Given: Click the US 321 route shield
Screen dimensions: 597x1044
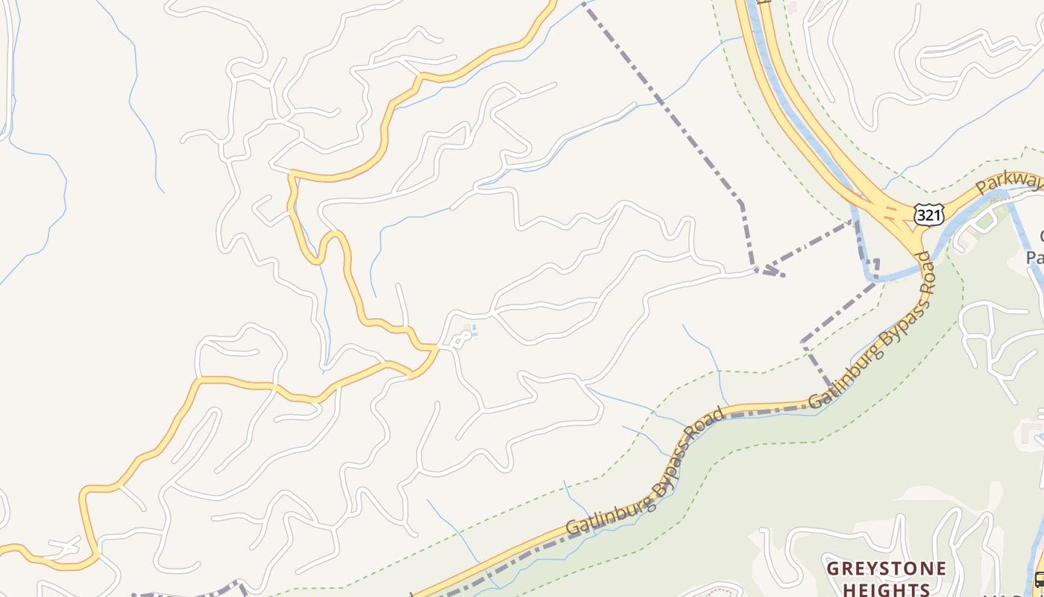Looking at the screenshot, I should click(x=928, y=215).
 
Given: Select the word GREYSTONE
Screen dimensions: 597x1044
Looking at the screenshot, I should click(x=887, y=569).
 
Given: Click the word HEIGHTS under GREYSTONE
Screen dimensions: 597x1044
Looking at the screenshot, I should click(x=887, y=590).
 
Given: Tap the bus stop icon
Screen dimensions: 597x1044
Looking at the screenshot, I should click(x=1040, y=579).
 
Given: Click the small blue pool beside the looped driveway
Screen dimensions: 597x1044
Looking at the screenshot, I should click(x=474, y=331).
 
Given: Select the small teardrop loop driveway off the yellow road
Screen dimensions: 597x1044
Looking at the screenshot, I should click(x=461, y=340).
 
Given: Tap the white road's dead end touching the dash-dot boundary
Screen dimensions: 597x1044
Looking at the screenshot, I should click(x=756, y=270).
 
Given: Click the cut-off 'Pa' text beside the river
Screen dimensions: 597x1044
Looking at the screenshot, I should click(x=1035, y=257).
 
